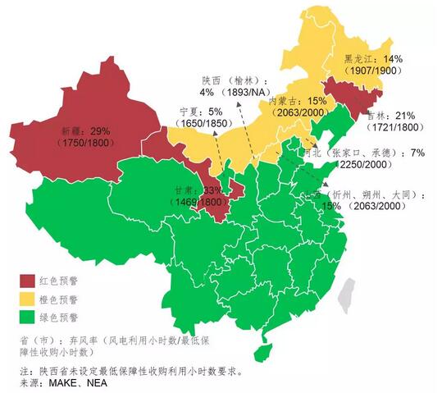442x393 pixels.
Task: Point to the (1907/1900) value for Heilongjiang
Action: (x=373, y=72)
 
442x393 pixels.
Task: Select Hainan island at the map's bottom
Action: (x=261, y=352)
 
